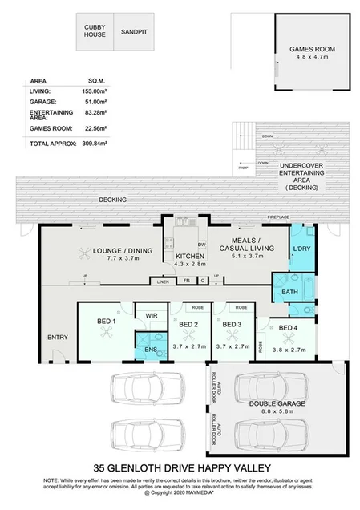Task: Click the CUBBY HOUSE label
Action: [95, 31]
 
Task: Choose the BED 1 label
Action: [107, 321]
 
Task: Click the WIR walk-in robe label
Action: [150, 316]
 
